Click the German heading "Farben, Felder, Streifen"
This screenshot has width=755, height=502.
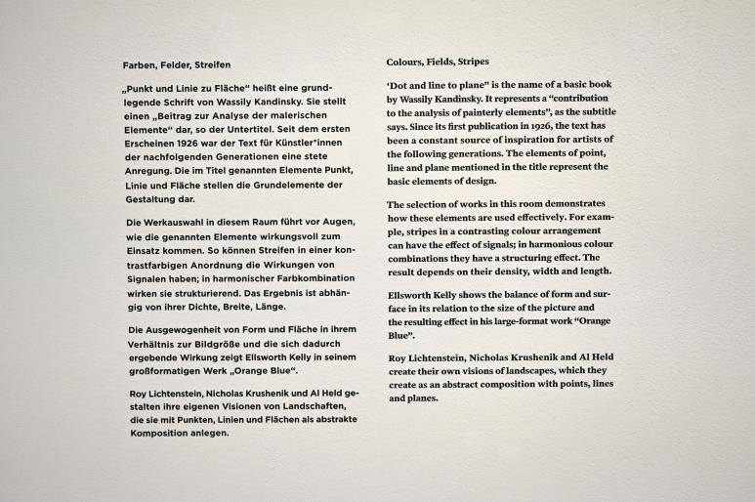pyautogui.click(x=177, y=64)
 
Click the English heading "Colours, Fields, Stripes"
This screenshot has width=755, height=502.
pyautogui.click(x=438, y=62)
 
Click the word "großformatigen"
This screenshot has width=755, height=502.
pyautogui.click(x=169, y=372)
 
